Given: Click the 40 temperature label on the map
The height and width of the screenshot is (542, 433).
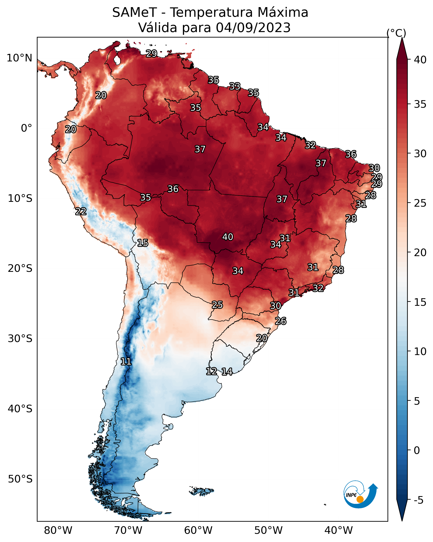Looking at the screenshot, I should [x=228, y=237].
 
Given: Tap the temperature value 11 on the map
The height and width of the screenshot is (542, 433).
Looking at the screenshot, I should [x=126, y=362].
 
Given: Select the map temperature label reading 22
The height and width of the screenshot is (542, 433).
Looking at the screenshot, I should [x=81, y=211].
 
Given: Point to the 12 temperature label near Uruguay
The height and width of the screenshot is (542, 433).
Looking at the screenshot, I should [x=211, y=371].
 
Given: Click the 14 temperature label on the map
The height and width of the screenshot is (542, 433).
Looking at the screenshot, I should [x=227, y=372].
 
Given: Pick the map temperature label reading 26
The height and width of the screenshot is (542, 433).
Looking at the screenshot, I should [x=280, y=321].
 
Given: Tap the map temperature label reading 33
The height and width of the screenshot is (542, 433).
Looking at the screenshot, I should [x=235, y=87].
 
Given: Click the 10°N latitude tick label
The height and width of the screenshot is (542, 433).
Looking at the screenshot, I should [x=19, y=58].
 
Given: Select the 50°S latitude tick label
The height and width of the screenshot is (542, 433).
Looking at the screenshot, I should [x=20, y=479].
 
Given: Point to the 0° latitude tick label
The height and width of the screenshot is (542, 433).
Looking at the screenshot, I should [x=26, y=128].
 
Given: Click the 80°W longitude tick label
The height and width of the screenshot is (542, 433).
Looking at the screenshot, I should [x=58, y=530].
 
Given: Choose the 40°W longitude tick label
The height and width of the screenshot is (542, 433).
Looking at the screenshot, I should [x=339, y=530].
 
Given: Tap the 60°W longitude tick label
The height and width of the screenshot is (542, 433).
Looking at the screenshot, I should [x=198, y=530].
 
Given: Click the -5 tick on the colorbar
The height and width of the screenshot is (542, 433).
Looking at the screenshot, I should [x=418, y=500].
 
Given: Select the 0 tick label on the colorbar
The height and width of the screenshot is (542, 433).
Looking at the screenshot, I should [x=416, y=450].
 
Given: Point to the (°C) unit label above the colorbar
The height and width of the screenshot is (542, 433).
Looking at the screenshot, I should [x=396, y=33].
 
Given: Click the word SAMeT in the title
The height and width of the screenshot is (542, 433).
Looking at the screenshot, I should [x=134, y=13].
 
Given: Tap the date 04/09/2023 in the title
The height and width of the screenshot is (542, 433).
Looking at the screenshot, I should [x=253, y=28].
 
